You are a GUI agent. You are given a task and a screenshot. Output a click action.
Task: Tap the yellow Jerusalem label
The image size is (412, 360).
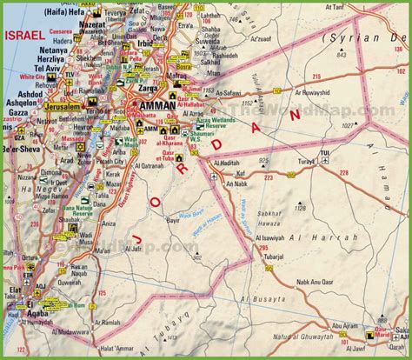coord(58,105)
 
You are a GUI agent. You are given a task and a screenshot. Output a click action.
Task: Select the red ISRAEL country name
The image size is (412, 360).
coord(24,36)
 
